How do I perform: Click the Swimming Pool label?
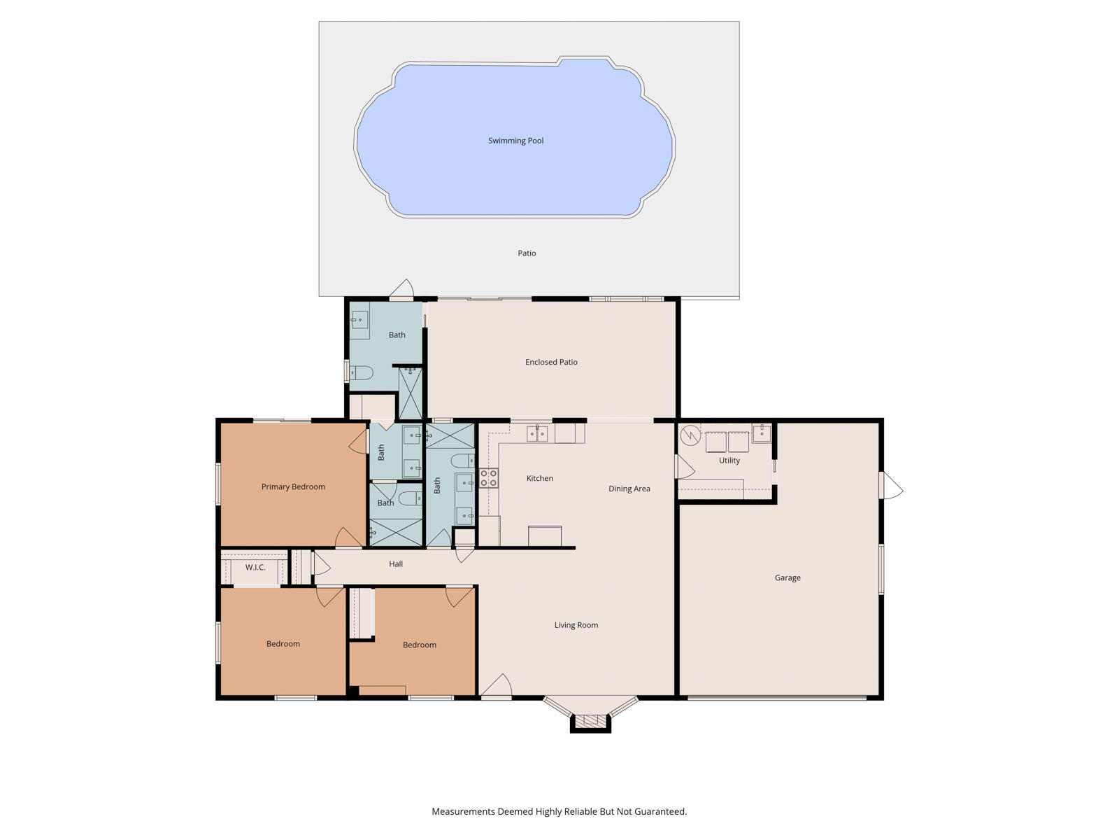click(515, 141)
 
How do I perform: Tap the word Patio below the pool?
click(527, 253)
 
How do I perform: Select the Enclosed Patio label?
click(551, 362)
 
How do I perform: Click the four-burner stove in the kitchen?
click(489, 478)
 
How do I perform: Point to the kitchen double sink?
click(537, 434)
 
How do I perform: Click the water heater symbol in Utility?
click(690, 435)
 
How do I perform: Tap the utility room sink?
click(761, 432)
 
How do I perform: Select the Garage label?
click(787, 577)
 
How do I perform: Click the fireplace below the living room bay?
click(590, 722)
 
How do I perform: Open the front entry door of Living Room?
click(497, 688)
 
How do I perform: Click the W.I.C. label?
click(255, 567)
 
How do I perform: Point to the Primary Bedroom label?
click(293, 486)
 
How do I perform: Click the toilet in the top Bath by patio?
click(361, 372)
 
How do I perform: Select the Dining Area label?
click(629, 489)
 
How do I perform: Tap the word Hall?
click(396, 563)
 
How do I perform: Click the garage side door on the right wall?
click(890, 485)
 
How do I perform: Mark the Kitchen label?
click(539, 478)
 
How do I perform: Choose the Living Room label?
click(576, 625)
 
